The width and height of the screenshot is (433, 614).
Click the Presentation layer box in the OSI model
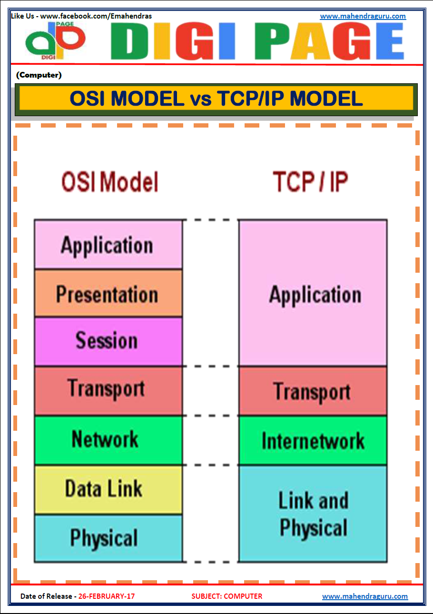(x=108, y=294)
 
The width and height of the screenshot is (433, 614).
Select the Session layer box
(x=108, y=341)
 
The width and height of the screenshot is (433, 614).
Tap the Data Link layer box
(x=108, y=489)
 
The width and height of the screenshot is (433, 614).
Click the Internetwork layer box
(x=313, y=440)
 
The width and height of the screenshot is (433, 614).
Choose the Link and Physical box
(x=313, y=514)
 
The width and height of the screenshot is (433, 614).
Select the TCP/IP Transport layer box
(x=313, y=391)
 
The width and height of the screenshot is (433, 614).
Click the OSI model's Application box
(x=108, y=245)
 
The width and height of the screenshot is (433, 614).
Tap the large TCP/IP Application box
(x=313, y=293)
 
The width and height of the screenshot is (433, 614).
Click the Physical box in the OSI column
(x=108, y=538)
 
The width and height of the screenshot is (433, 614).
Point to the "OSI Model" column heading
(x=109, y=182)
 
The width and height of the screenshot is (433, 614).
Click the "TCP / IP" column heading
(x=310, y=182)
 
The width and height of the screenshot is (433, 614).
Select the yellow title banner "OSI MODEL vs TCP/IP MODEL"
(x=216, y=99)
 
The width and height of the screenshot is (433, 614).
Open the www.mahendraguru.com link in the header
(x=363, y=16)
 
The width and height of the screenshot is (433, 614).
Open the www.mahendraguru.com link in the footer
(x=364, y=596)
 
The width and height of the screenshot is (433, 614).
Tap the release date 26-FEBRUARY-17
(x=107, y=596)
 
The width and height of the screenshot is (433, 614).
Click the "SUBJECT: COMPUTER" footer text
(x=226, y=596)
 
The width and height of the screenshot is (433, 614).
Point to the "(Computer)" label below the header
(x=39, y=75)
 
